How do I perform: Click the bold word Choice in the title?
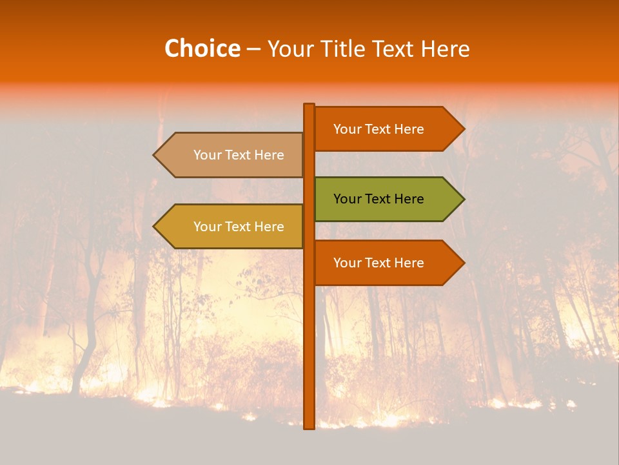point(202,48)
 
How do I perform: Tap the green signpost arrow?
point(387,199)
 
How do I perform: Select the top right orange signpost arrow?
point(387,129)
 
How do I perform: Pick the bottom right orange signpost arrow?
point(387,263)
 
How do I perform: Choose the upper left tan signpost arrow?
point(229,155)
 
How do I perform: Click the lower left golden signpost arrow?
point(229,227)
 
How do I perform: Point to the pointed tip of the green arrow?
point(463,199)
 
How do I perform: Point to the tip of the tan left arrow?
point(155,155)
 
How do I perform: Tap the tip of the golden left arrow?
point(155,227)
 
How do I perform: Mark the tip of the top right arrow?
point(463,129)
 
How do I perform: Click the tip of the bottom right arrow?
point(463,263)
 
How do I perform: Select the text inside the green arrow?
point(378,199)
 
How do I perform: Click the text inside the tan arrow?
point(239,155)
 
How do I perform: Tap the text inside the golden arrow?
point(239,227)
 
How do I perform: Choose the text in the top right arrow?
point(378,129)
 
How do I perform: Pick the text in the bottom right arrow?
point(378,263)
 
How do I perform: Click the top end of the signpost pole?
point(309,105)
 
